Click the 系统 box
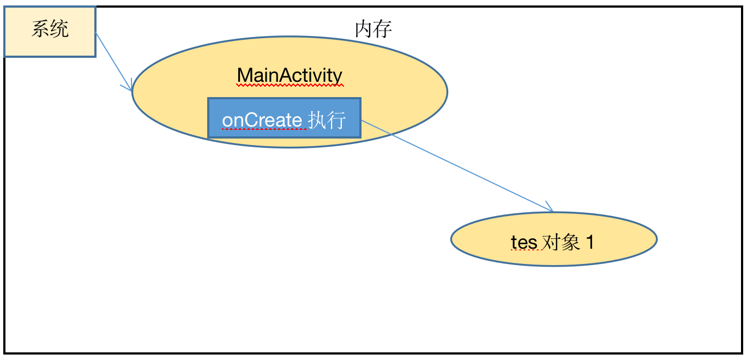point(50,32)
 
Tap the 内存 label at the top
point(373,29)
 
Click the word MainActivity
point(290,75)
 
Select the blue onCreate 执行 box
point(284,118)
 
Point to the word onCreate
point(262,119)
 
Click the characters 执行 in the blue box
point(327,119)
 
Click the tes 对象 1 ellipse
point(553,239)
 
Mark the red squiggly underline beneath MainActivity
point(290,85)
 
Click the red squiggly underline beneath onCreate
point(262,128)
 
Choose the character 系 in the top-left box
point(40,29)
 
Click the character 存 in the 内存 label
point(383,29)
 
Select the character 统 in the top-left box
point(59,29)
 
